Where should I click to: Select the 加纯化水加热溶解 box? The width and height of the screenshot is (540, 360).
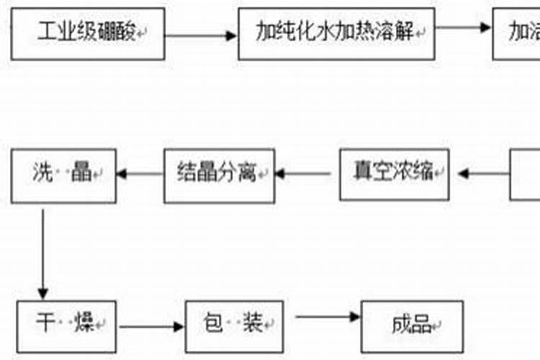pos(336,32)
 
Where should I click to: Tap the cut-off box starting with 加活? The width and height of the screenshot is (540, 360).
pos(516,32)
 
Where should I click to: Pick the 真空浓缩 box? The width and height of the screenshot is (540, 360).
pos(395,174)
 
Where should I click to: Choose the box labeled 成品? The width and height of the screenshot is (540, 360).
pos(411,325)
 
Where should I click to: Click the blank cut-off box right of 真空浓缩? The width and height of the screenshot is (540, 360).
pos(526,174)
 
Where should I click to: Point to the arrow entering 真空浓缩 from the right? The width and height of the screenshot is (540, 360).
pos(482,174)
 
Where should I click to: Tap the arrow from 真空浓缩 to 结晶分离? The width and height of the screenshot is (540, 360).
pos(305,174)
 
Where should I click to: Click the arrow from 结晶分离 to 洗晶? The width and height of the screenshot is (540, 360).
pos(140,174)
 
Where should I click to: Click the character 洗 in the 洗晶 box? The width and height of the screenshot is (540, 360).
pos(42,174)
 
